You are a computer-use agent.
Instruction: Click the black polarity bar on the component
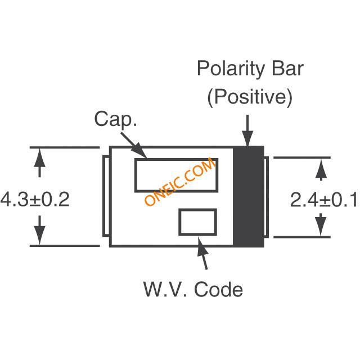[249, 196]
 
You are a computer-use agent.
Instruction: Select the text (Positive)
[250, 97]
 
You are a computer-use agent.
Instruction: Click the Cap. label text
[115, 119]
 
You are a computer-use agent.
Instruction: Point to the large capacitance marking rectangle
[175, 175]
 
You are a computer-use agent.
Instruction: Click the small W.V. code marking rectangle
[197, 222]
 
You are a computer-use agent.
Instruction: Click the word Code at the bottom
[219, 290]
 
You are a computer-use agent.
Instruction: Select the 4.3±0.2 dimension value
[35, 199]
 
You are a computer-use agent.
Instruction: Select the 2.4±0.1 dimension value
[323, 200]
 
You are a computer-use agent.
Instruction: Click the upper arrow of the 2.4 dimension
[320, 169]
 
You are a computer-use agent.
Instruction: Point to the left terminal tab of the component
[106, 196]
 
